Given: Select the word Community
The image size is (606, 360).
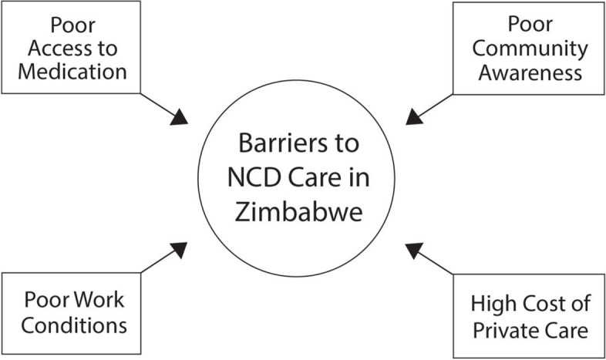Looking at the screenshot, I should [530, 49].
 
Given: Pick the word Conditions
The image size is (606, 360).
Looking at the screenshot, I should [75, 325].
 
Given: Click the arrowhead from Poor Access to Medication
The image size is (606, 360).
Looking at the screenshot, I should [180, 117].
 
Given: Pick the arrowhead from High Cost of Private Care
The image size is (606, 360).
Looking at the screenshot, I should [415, 249].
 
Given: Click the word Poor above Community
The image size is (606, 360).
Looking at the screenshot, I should [530, 26].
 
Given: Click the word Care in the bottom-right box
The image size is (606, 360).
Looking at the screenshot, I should [568, 331].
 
